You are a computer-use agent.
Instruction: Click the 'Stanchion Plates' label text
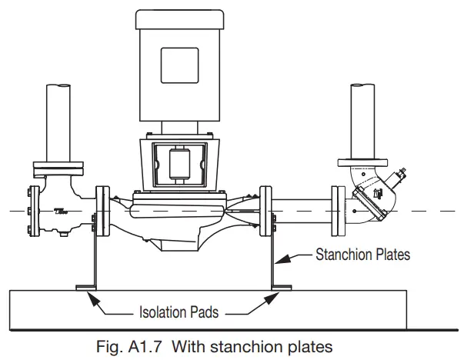coord(362,252)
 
